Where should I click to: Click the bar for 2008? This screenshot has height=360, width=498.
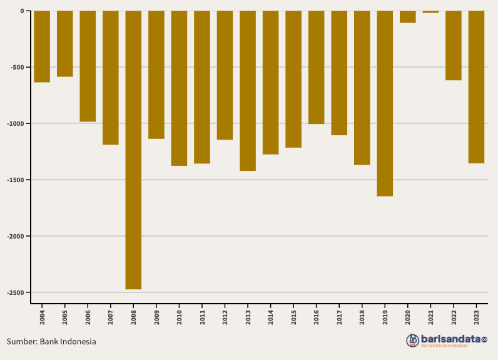click(133, 150)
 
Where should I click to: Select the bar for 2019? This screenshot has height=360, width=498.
click(385, 103)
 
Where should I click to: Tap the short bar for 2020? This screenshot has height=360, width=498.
click(408, 17)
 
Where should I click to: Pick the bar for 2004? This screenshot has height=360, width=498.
click(42, 47)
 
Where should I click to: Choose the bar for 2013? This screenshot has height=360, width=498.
click(248, 91)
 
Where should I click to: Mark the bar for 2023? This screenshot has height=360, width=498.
click(476, 87)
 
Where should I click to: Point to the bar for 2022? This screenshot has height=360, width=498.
click(454, 46)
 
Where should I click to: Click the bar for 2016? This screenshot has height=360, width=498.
click(317, 68)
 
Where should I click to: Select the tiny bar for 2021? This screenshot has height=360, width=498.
click(430, 12)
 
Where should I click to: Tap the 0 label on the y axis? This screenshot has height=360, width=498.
click(22, 11)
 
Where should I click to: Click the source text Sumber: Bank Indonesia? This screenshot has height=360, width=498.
click(51, 342)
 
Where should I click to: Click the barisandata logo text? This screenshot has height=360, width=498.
click(453, 339)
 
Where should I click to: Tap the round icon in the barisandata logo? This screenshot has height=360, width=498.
click(412, 341)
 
